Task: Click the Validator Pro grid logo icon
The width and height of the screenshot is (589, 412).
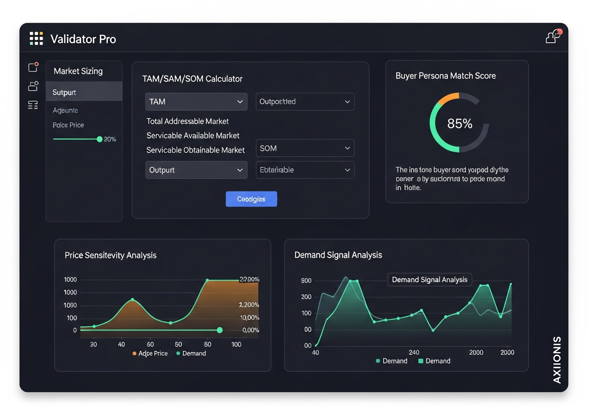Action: point(36,39)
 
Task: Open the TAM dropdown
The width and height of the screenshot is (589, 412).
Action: point(196,102)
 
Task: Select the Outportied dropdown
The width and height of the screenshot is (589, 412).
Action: point(305,102)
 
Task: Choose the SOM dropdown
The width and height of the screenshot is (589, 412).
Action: point(305,148)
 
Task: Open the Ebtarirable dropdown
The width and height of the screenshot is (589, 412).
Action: point(305,170)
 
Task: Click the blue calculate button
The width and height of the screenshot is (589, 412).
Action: point(251,199)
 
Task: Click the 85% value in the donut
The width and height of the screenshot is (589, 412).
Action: point(460,123)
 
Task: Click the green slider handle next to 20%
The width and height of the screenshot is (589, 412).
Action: point(99,139)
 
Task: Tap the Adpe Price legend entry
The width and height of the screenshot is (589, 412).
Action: point(150,353)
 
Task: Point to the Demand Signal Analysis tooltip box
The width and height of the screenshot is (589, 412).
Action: point(429,280)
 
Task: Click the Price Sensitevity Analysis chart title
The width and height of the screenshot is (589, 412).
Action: point(110,255)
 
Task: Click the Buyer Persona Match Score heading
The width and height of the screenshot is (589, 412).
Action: point(445,76)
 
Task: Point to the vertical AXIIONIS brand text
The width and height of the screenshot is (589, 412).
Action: point(557,360)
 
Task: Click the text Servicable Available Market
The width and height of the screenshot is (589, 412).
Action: point(193,136)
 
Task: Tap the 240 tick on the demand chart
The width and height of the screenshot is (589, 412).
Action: point(414,352)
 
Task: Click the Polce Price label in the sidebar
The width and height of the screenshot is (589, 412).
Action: point(68,125)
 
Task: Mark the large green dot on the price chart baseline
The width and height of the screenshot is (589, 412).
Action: point(219,330)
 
